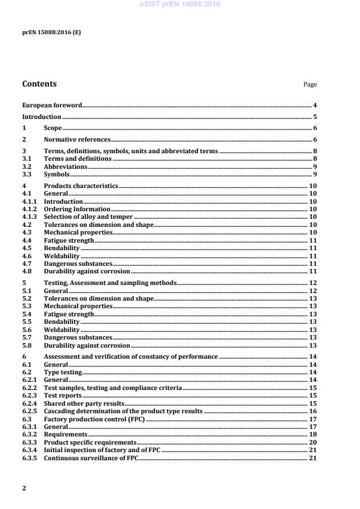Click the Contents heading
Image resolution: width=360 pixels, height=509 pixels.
39,84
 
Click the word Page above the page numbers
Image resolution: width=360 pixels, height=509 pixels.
310,85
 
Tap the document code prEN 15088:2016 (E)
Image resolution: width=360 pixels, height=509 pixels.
52,33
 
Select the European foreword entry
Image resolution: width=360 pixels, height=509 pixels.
52,105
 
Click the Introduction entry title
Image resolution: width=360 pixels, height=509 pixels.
42,117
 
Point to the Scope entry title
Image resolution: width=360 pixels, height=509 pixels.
53,128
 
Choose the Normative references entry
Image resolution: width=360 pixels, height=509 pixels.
77,139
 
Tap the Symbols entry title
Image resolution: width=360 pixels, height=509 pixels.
57,174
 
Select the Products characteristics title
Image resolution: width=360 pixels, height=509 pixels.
81,186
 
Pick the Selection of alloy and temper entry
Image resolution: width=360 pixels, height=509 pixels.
86,216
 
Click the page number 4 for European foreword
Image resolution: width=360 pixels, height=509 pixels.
315,105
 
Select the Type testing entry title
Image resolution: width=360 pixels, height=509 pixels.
63,372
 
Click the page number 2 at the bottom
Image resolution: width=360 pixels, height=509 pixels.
24,488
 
